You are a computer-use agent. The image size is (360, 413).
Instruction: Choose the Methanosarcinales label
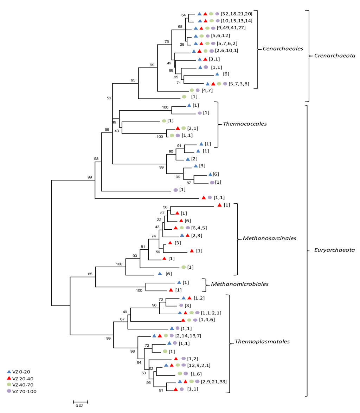(x=269, y=238)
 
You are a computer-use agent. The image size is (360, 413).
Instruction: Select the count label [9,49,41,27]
(x=231, y=28)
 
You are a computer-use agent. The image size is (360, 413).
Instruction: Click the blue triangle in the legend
(x=9, y=371)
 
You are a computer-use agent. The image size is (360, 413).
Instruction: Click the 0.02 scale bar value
(x=80, y=406)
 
